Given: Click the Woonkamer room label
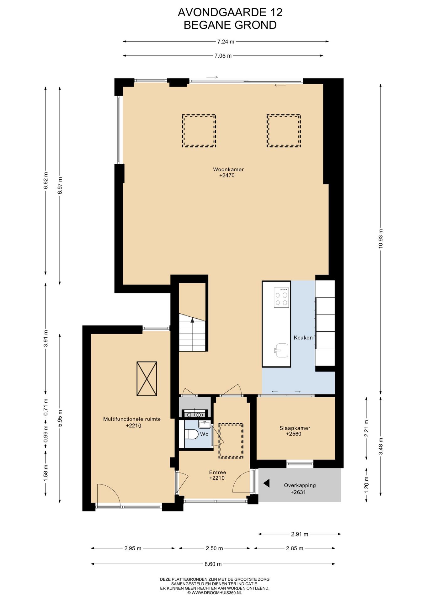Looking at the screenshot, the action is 228,169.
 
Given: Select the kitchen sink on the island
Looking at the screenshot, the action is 281,351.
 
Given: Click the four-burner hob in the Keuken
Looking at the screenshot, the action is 281,298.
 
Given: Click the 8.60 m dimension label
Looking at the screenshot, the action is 213,564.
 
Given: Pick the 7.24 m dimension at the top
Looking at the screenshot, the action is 226,41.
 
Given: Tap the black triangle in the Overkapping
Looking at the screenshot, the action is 267,483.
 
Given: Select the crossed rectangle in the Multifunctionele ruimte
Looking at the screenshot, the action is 147,379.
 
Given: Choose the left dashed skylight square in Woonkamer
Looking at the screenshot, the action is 199,131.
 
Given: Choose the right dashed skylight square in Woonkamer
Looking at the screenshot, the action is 284,131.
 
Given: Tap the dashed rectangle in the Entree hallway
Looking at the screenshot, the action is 231,441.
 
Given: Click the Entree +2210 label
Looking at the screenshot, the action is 217,475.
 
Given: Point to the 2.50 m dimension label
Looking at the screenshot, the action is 214,548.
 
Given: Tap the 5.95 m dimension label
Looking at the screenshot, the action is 60,418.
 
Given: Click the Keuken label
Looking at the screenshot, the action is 303,338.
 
